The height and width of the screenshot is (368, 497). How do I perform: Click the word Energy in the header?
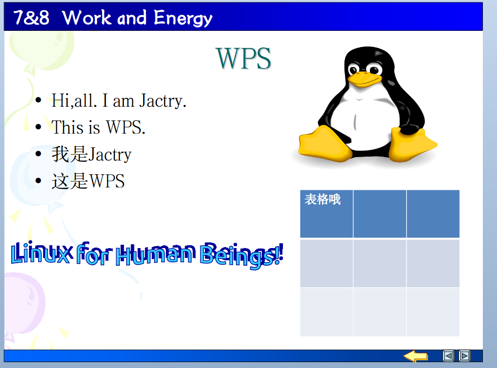183,18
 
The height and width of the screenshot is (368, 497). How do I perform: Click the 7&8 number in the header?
31,18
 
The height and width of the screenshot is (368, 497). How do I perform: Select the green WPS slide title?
243,58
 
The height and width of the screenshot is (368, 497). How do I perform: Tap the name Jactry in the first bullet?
163,101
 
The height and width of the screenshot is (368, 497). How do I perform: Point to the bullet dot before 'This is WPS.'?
38,127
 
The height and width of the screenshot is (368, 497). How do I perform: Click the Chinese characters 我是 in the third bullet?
70,154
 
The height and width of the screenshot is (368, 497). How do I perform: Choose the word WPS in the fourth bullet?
107,181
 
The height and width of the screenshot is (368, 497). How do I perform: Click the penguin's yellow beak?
365,79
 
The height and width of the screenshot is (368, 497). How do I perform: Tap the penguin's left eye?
353,69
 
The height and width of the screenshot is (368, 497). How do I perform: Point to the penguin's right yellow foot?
412,144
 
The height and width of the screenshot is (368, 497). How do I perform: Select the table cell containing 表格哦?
326,214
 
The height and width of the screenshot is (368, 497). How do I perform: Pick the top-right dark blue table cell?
433,214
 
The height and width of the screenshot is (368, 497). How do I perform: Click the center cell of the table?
380,264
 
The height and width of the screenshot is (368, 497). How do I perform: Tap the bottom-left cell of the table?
326,312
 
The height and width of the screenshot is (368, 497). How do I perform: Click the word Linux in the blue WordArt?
41,253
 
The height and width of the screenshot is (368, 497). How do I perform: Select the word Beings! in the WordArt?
241,255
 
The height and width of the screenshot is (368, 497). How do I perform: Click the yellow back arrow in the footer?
415,356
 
